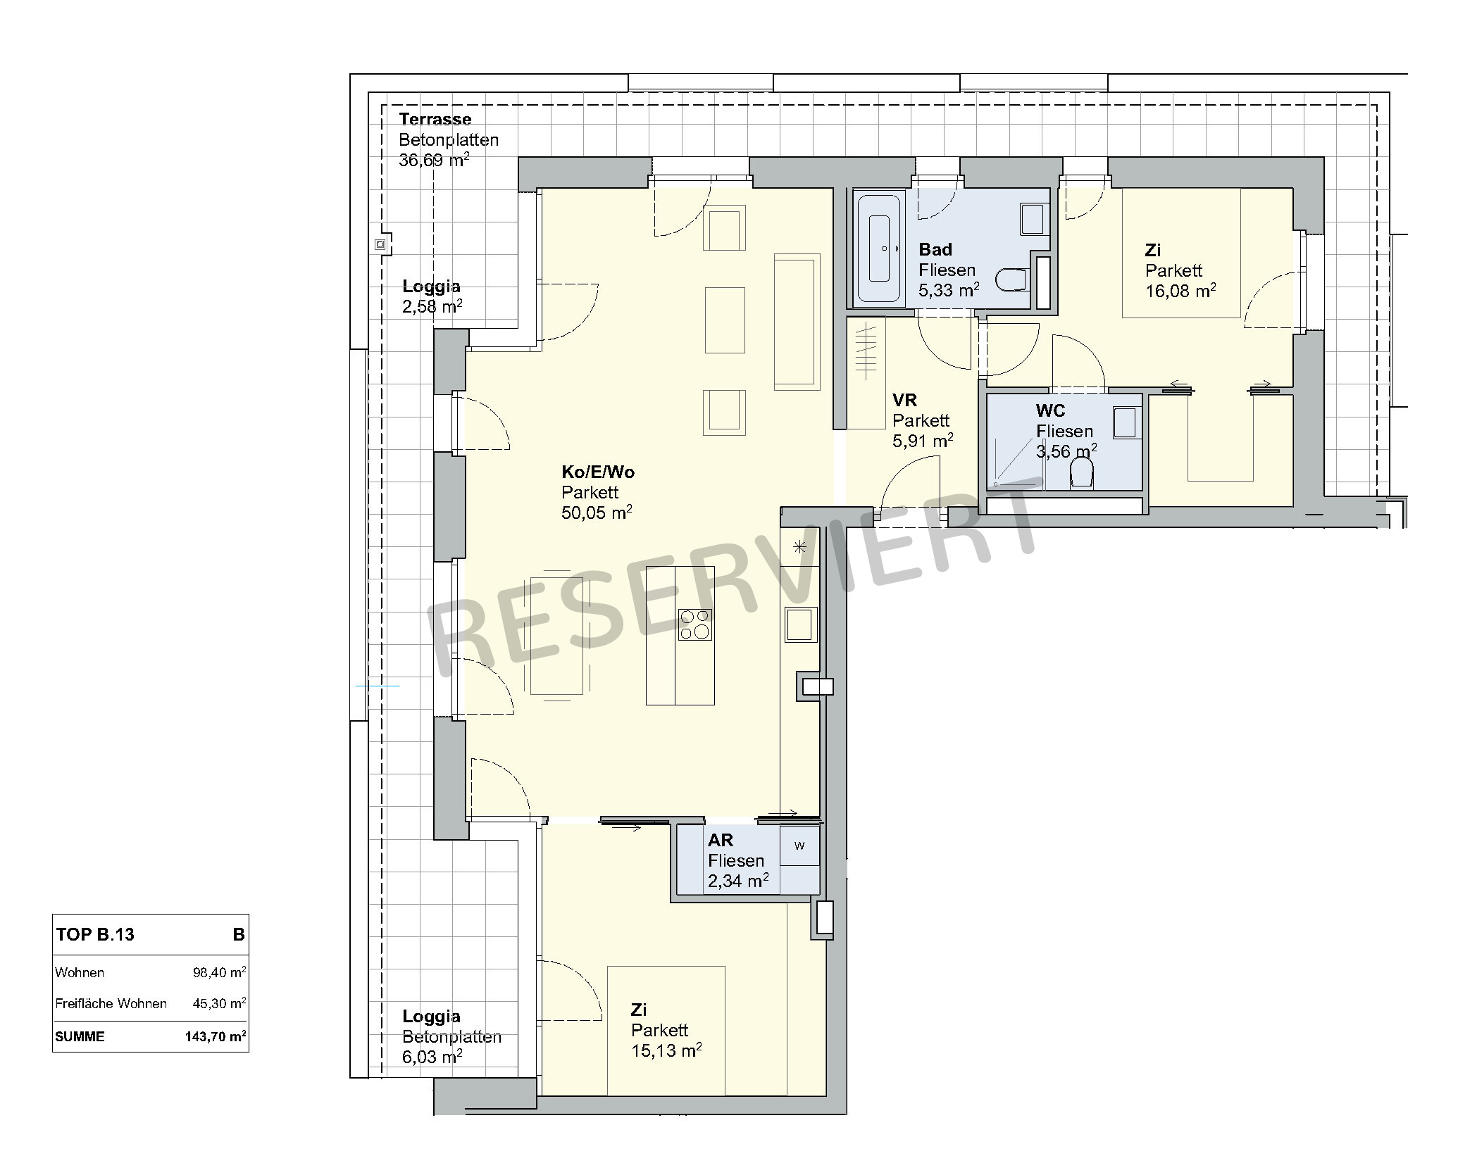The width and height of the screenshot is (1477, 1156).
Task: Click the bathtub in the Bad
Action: [x=878, y=248]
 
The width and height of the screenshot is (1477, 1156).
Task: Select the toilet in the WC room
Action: [x=1082, y=473]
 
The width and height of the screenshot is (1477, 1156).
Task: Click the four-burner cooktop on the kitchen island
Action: [x=694, y=624]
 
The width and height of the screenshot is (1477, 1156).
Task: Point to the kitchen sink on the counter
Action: [x=799, y=624]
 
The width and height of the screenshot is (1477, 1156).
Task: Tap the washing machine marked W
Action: [x=799, y=846]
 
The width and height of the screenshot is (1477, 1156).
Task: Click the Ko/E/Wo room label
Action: [x=597, y=472]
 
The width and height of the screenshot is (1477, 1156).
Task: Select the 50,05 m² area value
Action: [x=596, y=513]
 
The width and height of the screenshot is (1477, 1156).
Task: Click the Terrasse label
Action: [x=435, y=119]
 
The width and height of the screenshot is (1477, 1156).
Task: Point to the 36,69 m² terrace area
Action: [x=434, y=160]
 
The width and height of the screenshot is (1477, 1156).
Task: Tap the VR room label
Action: [x=904, y=401]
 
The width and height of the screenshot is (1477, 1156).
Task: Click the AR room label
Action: [x=721, y=840]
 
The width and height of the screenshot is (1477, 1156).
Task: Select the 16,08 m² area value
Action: [x=1180, y=291]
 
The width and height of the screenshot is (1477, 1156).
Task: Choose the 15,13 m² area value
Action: [x=666, y=1050]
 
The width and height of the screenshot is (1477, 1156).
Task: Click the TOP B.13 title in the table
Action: [x=95, y=934]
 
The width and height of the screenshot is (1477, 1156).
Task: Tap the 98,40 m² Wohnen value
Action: [x=219, y=972]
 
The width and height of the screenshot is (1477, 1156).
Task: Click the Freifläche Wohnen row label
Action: [x=111, y=1003]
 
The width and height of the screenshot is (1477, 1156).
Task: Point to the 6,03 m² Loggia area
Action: [x=432, y=1057]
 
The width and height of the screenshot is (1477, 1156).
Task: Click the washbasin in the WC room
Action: [x=1125, y=422]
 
